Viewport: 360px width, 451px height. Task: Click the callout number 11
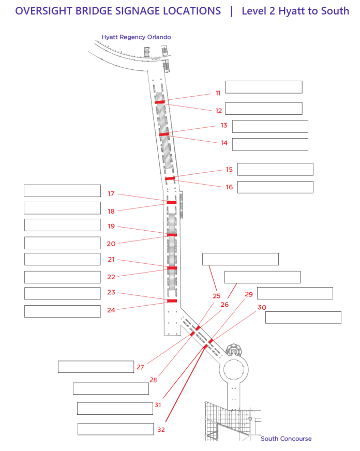(218, 94)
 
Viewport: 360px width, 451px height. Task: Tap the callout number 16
(229, 187)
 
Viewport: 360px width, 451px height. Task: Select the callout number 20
(111, 244)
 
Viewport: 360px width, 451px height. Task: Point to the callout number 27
(140, 367)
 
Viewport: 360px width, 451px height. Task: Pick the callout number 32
(161, 429)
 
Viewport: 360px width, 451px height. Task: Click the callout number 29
(249, 294)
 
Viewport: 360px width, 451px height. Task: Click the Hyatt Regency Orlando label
(136, 37)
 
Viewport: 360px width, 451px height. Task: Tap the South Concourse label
(286, 439)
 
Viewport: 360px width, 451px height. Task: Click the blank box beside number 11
(263, 87)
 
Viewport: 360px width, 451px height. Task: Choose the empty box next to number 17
(62, 190)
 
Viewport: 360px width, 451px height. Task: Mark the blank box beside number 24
(62, 311)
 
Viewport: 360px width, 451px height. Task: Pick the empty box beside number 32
(115, 429)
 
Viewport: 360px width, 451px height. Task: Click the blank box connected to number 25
(240, 259)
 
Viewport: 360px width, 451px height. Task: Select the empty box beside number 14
(270, 144)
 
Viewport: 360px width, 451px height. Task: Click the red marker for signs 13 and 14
(164, 134)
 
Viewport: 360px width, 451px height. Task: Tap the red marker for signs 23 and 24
(172, 300)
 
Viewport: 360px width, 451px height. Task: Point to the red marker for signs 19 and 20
(172, 235)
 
